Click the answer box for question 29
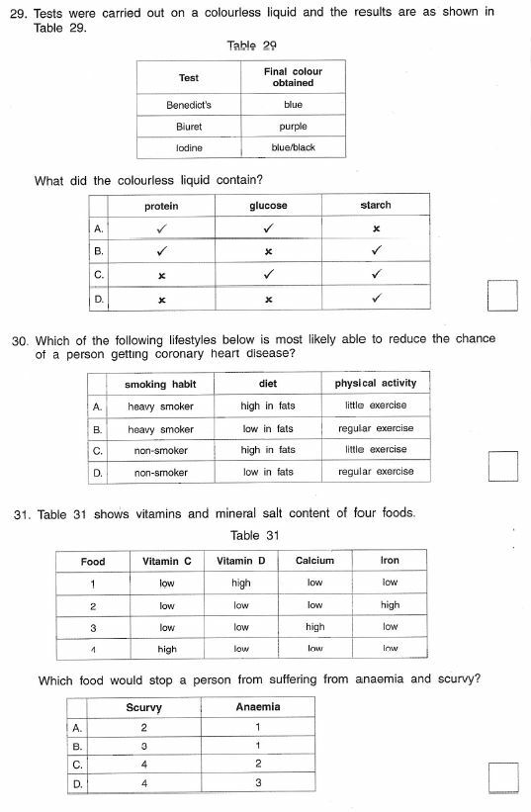click(x=503, y=295)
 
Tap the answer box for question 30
click(x=503, y=465)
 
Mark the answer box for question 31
click(x=503, y=776)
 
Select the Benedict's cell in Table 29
click(x=189, y=104)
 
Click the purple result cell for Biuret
click(x=293, y=127)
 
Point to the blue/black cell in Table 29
click(x=293, y=148)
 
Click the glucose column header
click(x=268, y=206)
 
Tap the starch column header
click(x=376, y=206)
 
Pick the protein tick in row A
click(x=161, y=228)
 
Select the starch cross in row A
click(x=376, y=229)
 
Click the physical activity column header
click(x=376, y=384)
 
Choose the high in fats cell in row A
click(x=268, y=406)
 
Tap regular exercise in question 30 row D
click(x=376, y=472)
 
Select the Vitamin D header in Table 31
click(x=241, y=561)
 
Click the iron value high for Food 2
click(x=390, y=605)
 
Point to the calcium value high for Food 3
click(x=314, y=627)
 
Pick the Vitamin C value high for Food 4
click(x=167, y=650)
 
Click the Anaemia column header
click(x=258, y=707)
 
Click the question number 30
click(x=19, y=339)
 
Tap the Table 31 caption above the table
click(x=255, y=536)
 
